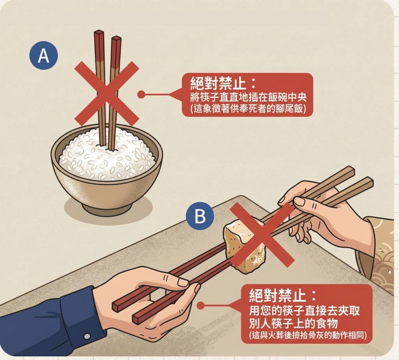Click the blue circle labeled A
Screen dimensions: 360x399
coord(44,56)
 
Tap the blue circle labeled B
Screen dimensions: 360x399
coord(200,216)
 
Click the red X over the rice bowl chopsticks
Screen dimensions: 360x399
coord(106,93)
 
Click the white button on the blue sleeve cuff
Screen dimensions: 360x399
coord(87,335)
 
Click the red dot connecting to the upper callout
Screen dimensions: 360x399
coord(141,94)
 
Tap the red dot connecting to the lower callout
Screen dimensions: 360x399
coord(200,306)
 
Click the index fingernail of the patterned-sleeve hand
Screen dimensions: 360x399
coord(298,202)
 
